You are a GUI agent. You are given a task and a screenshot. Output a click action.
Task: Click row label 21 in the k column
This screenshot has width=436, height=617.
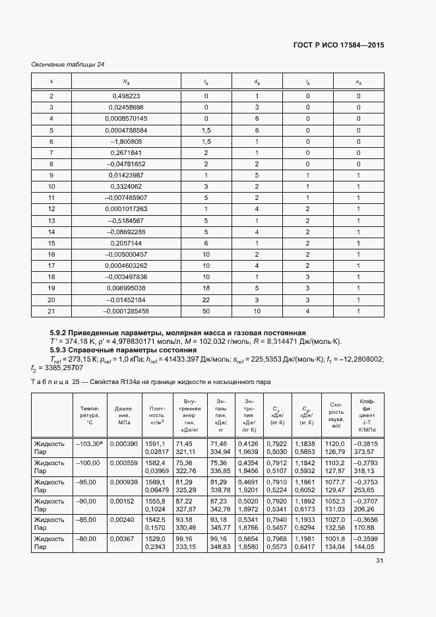(51, 310)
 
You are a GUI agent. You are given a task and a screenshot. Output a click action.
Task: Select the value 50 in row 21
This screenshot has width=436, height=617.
(206, 310)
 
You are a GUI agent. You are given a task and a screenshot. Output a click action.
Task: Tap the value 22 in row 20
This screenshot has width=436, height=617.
(206, 299)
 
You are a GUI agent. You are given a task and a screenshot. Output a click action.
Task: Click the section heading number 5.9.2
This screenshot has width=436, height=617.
(61, 332)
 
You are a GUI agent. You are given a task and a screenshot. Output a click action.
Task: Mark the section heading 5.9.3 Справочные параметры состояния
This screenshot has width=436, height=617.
(123, 350)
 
